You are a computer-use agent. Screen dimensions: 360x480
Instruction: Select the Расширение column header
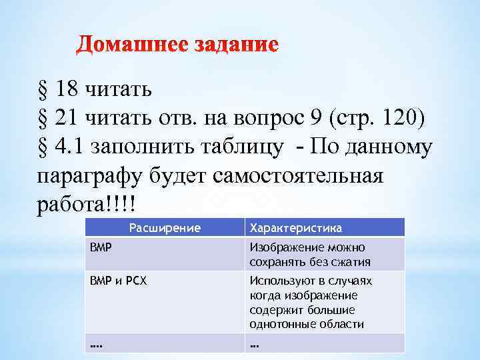point(165,228)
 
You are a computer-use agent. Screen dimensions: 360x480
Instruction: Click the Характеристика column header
point(295,228)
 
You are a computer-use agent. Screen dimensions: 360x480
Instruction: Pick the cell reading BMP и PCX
point(119,281)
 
